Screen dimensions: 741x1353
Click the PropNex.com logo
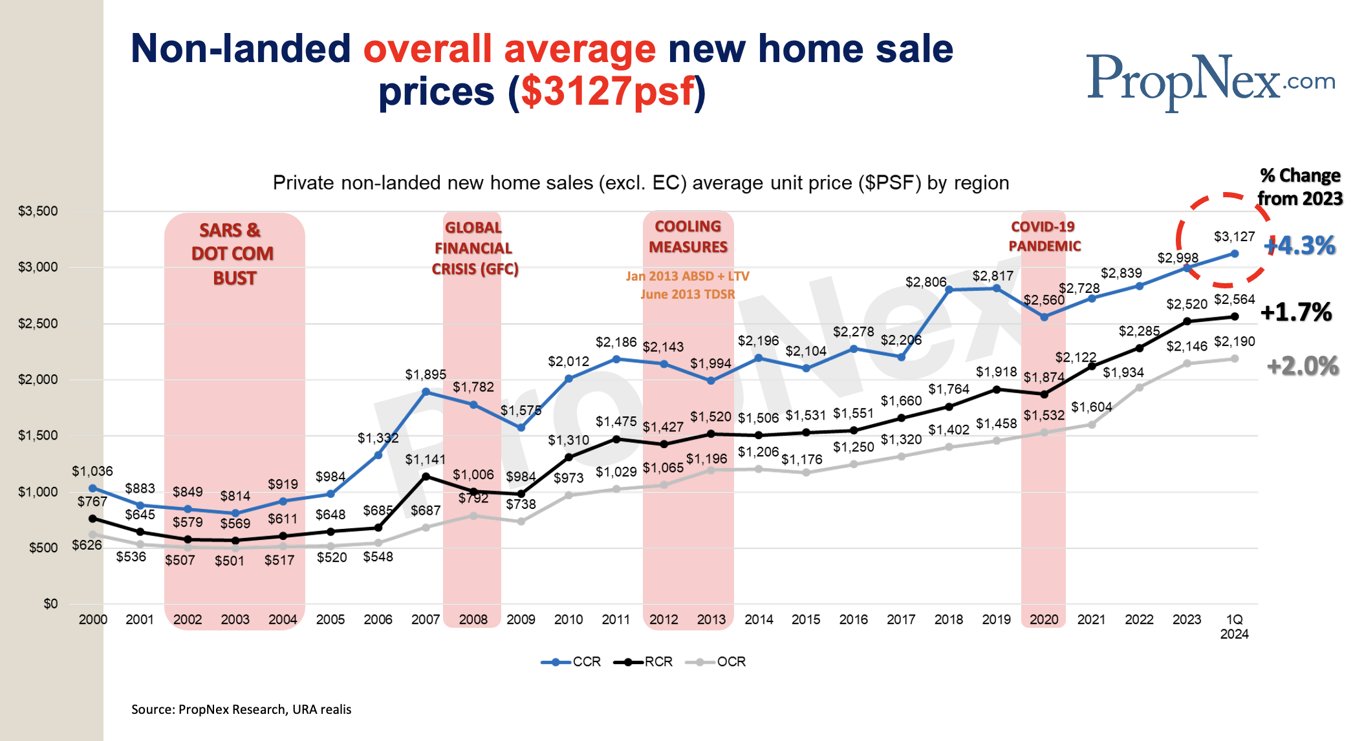point(1209,81)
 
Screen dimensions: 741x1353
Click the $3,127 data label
point(1234,237)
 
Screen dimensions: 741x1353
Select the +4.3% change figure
point(1299,246)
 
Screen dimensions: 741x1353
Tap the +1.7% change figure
point(1296,312)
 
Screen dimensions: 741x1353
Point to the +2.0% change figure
point(1302,366)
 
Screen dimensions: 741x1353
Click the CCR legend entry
point(572,661)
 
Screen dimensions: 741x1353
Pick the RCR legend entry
point(644,661)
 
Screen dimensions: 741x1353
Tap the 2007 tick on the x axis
point(425,619)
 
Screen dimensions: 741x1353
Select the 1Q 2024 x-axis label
point(1234,627)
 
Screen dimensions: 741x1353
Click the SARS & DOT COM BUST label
point(233,253)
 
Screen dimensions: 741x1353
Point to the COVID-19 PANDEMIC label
point(1044,236)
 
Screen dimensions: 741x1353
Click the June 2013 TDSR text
point(687,294)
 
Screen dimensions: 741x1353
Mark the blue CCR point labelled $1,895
point(426,391)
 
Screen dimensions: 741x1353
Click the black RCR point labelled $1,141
point(426,477)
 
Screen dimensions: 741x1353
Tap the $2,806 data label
point(925,282)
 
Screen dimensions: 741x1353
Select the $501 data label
point(230,561)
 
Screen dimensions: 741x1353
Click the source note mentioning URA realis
point(241,709)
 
